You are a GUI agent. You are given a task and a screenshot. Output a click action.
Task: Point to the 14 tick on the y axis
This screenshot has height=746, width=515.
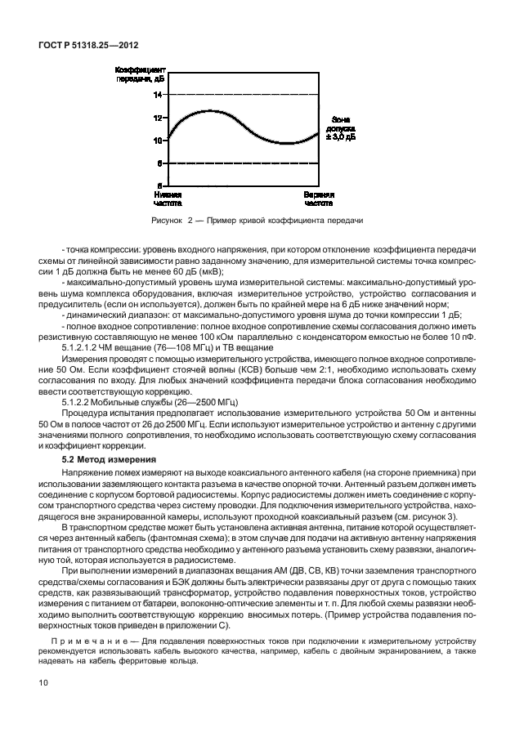(x=158, y=95)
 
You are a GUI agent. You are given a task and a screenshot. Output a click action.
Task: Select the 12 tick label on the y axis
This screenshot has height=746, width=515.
(x=158, y=118)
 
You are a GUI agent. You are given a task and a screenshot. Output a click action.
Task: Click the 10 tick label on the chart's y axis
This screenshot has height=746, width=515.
(x=158, y=141)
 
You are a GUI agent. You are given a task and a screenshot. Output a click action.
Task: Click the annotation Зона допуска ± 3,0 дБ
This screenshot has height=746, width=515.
(x=340, y=129)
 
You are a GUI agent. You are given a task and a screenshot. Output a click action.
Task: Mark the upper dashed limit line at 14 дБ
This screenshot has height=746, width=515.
(x=245, y=95)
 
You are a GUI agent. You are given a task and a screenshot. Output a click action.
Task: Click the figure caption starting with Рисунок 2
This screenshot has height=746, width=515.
(x=257, y=221)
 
